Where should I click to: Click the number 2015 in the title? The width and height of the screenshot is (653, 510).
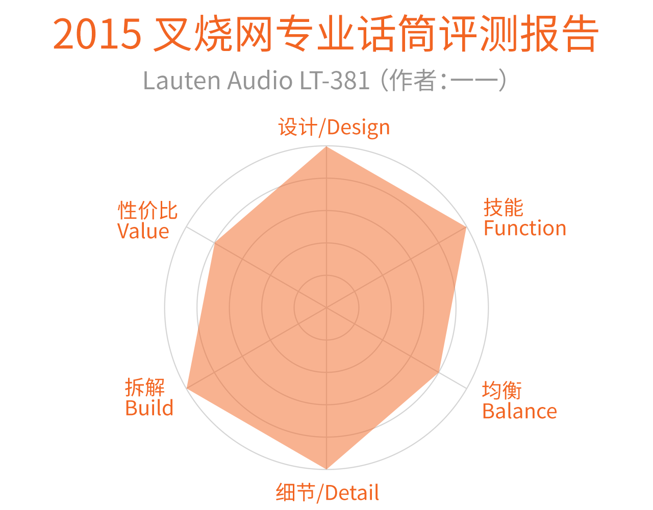[97, 35]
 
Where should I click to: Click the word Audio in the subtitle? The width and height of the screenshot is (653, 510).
[259, 81]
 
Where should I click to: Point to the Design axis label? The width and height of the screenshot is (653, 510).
[334, 127]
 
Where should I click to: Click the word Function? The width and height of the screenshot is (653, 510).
[525, 228]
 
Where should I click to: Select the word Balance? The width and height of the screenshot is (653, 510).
[519, 411]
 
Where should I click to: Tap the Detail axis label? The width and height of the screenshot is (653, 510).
[328, 493]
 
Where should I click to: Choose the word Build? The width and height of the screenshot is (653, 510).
[149, 408]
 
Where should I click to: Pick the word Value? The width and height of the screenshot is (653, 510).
[143, 231]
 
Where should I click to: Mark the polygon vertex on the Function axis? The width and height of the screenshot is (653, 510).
[466, 227]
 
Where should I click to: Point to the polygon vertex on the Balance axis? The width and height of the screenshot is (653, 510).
[439, 373]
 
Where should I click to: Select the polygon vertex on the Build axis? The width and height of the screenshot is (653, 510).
[187, 389]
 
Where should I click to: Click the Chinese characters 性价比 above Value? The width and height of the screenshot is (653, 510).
[147, 210]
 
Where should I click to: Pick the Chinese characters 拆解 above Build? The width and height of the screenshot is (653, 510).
[145, 388]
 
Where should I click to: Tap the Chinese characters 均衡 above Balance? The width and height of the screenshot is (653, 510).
[502, 391]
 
